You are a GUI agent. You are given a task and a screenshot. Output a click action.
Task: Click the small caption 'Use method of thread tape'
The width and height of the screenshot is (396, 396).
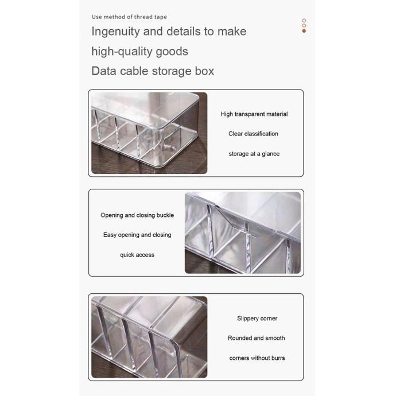point(129,17)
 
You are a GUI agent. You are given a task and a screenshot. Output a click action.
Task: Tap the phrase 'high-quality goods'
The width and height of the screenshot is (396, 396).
point(139,52)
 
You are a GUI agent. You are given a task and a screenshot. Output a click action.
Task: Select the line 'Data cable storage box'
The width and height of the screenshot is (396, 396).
point(153,71)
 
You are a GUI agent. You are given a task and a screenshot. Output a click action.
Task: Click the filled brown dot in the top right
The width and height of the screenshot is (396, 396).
point(304,30)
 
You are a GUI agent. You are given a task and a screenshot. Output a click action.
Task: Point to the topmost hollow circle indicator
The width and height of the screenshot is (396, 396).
point(304,20)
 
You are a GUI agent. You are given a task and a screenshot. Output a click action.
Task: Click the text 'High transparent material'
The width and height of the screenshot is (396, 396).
point(254,114)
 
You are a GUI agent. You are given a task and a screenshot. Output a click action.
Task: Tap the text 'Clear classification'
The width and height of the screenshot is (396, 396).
point(253,134)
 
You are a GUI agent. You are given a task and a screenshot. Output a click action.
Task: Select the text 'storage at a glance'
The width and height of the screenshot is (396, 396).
point(254,154)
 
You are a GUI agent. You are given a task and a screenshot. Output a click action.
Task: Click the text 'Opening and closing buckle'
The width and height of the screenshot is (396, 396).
point(137,215)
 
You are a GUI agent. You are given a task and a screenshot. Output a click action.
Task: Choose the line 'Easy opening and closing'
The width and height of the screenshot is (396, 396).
point(137,235)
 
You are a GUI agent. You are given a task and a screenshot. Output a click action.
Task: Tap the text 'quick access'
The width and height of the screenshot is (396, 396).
point(137,255)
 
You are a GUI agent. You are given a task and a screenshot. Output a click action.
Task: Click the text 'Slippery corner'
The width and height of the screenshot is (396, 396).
point(257,319)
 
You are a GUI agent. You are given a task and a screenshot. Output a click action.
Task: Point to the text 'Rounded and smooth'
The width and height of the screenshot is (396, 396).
point(256,338)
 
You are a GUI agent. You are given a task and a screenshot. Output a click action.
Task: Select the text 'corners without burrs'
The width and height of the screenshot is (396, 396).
point(257,358)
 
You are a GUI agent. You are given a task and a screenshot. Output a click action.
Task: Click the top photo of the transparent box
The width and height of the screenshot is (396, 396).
point(149,133)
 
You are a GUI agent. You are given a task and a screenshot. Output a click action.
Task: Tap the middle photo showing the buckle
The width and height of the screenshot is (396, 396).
point(242,232)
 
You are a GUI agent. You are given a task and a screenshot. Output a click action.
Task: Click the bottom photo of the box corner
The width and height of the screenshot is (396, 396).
point(149,337)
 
